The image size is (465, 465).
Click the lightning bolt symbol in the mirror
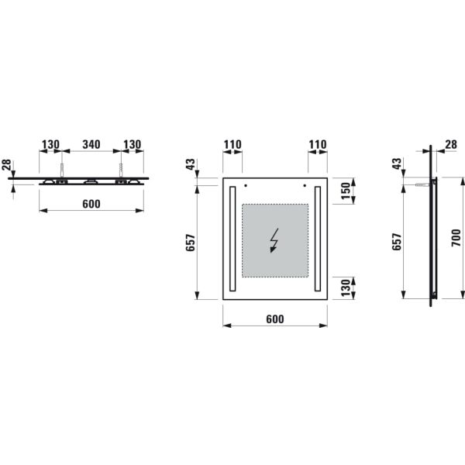273,241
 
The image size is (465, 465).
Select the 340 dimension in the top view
91,144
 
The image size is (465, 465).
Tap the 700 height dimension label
456,239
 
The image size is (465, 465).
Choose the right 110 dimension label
317,144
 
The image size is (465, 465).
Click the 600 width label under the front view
274,319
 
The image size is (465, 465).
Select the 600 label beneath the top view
91,204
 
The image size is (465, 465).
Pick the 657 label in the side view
397,243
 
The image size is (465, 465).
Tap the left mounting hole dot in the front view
244,186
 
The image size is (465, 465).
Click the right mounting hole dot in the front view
305,186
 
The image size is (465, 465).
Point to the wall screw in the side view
422,185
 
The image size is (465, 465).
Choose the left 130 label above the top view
50,144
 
